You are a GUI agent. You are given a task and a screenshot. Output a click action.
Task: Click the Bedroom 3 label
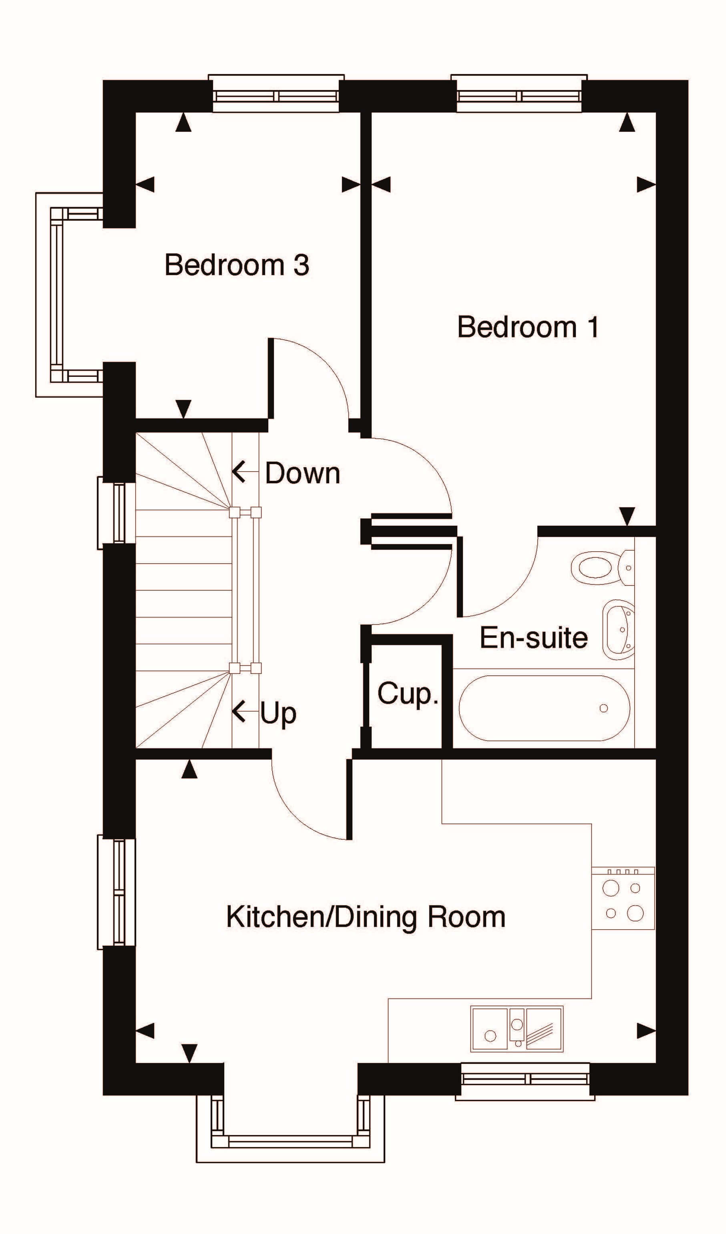pos(237,265)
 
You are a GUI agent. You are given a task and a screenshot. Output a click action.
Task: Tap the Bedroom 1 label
pos(528,327)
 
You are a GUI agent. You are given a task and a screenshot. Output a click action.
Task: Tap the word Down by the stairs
pos(302,473)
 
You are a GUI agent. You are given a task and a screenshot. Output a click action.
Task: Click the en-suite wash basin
pos(618,629)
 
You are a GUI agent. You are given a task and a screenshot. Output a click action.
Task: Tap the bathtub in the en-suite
pos(544,708)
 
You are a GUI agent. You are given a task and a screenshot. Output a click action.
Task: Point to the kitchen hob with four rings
pos(623,898)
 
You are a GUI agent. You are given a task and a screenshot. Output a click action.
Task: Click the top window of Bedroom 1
pos(519,93)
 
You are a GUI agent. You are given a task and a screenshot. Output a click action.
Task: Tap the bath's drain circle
pos(603,708)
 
